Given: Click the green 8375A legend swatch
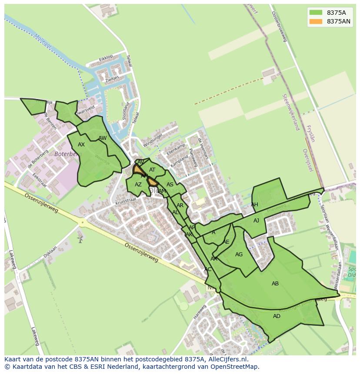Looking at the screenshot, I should click(316, 13).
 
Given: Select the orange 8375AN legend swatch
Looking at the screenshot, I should click(316, 21).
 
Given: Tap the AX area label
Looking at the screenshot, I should click(81, 145).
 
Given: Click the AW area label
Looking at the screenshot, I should click(103, 138).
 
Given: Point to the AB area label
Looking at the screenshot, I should click(275, 284).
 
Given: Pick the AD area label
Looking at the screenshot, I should click(277, 316).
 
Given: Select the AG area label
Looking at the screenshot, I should click(239, 255).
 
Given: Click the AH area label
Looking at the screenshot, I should click(254, 205).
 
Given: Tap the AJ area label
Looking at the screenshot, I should click(257, 221).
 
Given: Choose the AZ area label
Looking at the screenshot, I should click(138, 185).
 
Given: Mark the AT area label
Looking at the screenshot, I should click(152, 170).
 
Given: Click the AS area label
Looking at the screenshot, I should click(170, 185).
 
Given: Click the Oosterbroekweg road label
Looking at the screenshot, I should click(280, 26).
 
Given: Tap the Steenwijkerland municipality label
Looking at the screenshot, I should click(291, 112).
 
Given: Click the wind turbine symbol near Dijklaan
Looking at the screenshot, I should click(80, 238).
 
